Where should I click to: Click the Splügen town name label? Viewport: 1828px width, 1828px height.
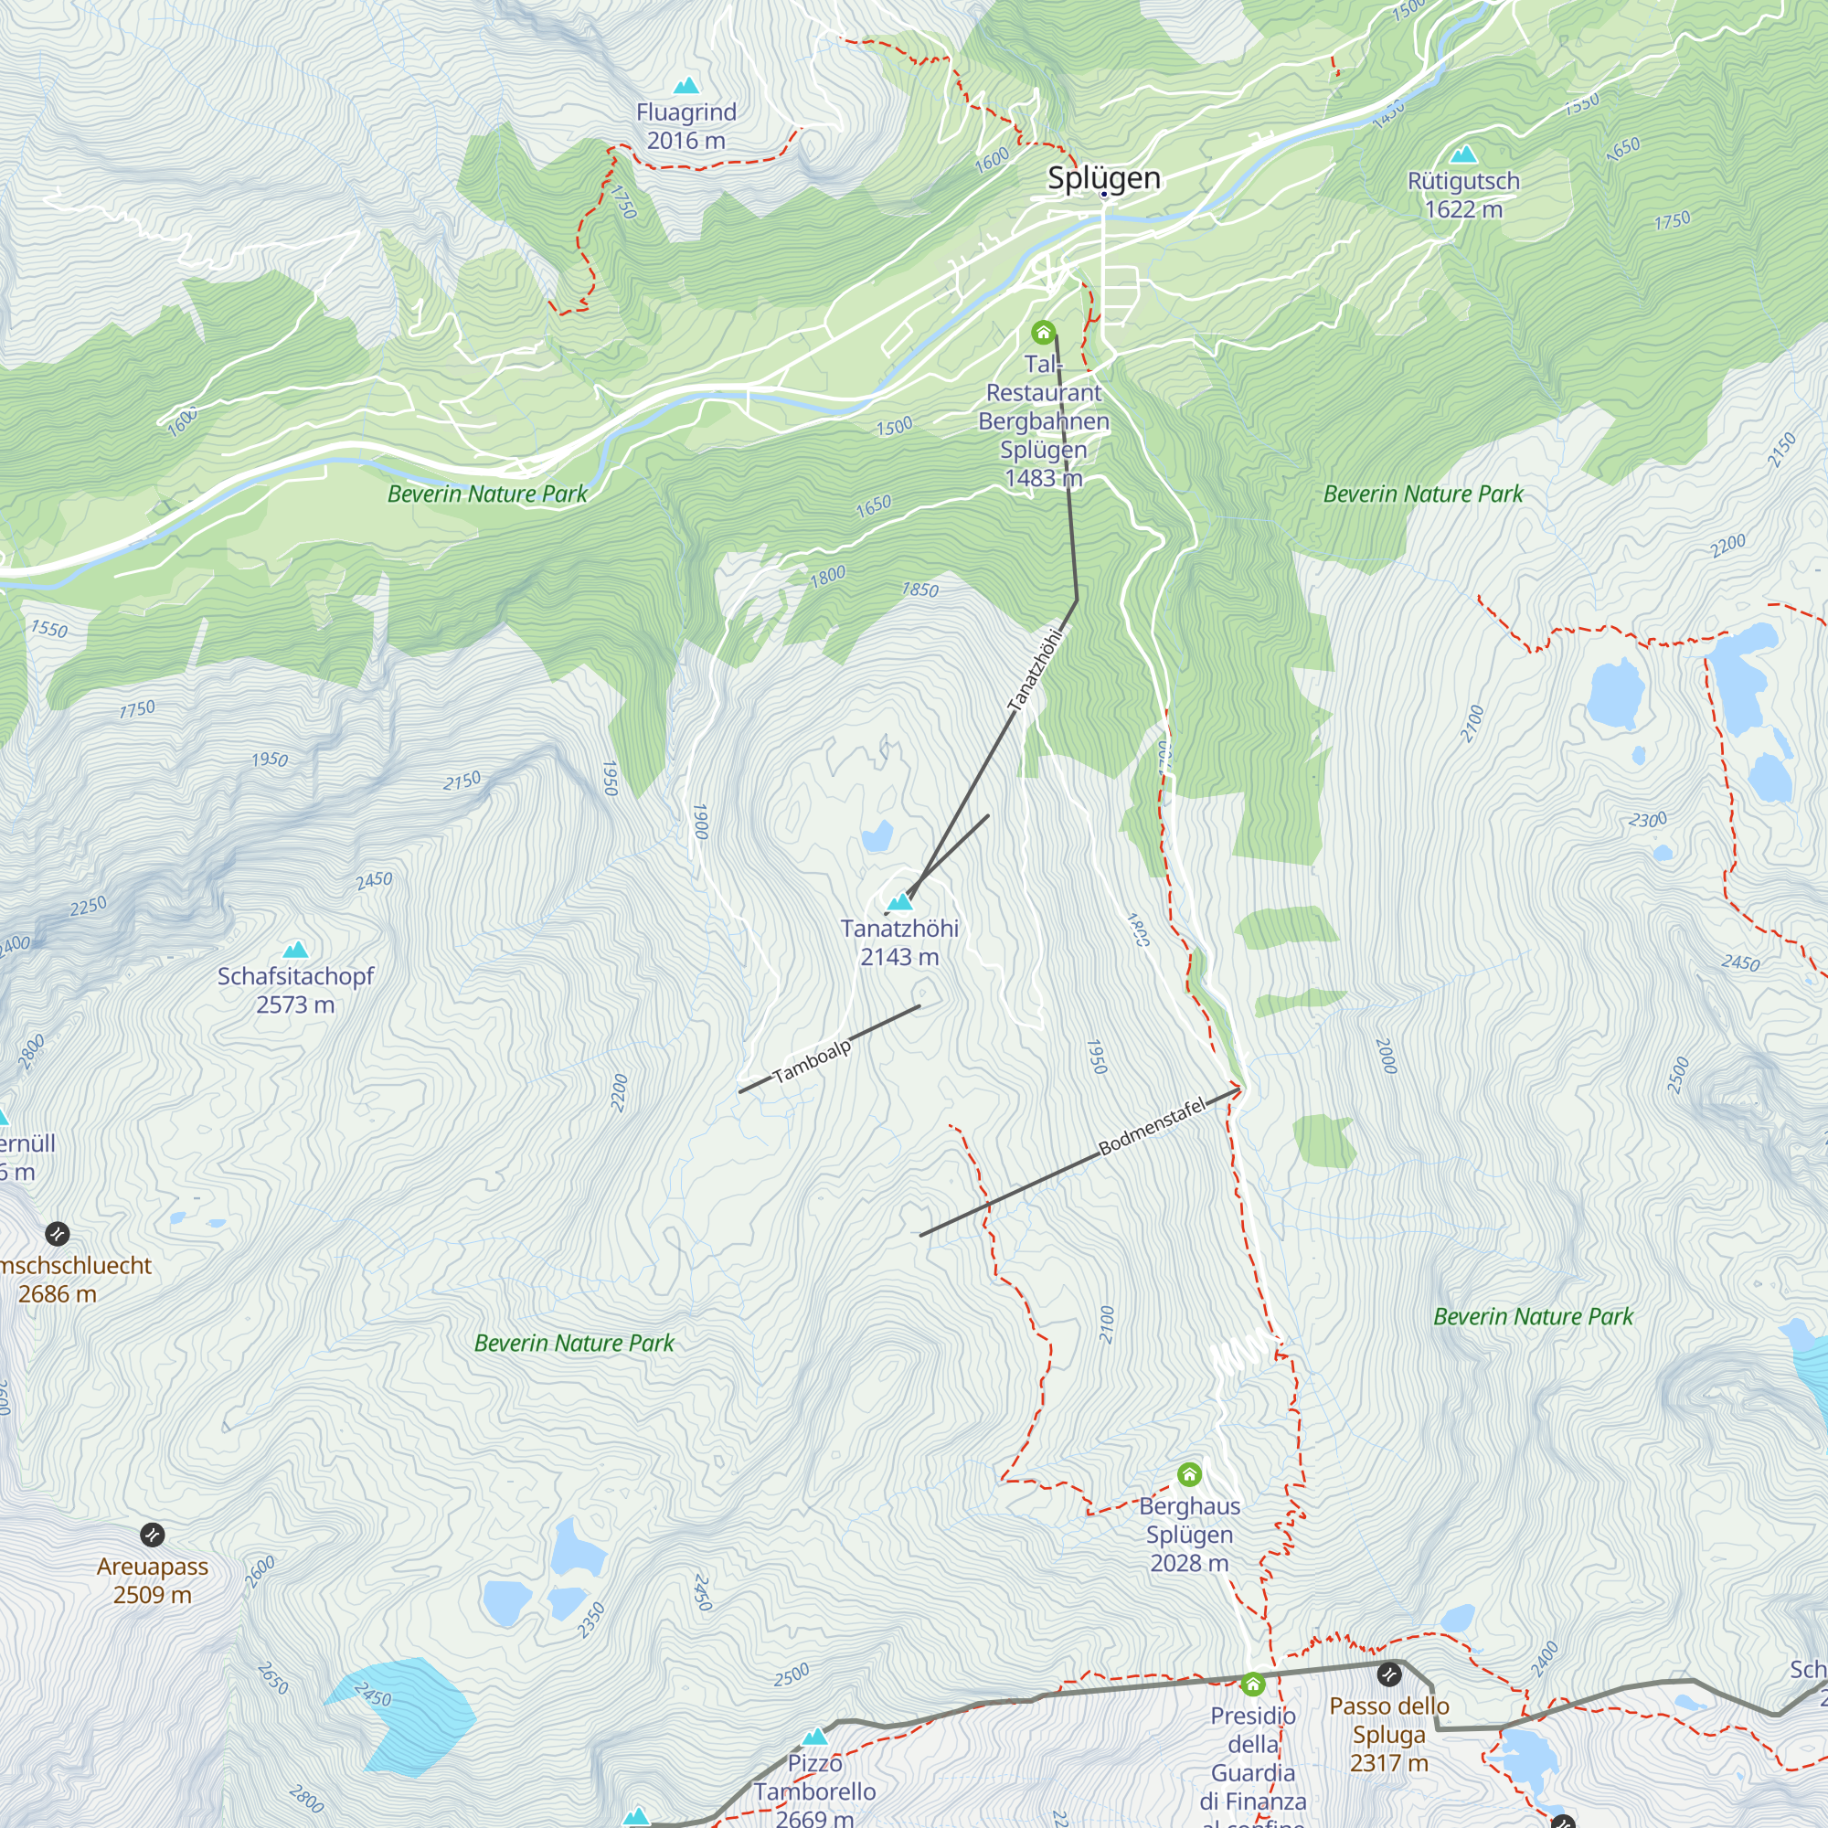1103,178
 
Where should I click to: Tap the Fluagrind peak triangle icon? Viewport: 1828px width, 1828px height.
686,86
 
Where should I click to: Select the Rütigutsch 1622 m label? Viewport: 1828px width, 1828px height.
1462,195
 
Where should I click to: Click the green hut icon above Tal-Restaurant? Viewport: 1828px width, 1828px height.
1043,332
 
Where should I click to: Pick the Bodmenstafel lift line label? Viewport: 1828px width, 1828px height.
1152,1126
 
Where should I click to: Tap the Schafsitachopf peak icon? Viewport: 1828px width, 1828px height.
295,949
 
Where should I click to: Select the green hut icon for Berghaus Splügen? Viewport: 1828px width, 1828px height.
1189,1473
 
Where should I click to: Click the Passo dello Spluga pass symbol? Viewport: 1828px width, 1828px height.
1388,1674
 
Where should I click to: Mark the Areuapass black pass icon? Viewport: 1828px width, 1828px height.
153,1535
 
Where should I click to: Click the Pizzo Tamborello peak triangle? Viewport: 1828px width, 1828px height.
814,1737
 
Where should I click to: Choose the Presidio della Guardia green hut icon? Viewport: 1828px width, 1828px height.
1253,1684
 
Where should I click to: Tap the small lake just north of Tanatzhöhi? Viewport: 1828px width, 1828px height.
877,836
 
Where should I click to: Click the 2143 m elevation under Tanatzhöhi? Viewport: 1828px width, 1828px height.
898,957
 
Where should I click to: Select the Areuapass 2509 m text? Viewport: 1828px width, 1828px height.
153,1580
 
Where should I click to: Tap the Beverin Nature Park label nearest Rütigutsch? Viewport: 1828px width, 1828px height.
1423,494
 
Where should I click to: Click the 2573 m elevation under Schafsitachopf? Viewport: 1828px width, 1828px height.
295,1004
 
